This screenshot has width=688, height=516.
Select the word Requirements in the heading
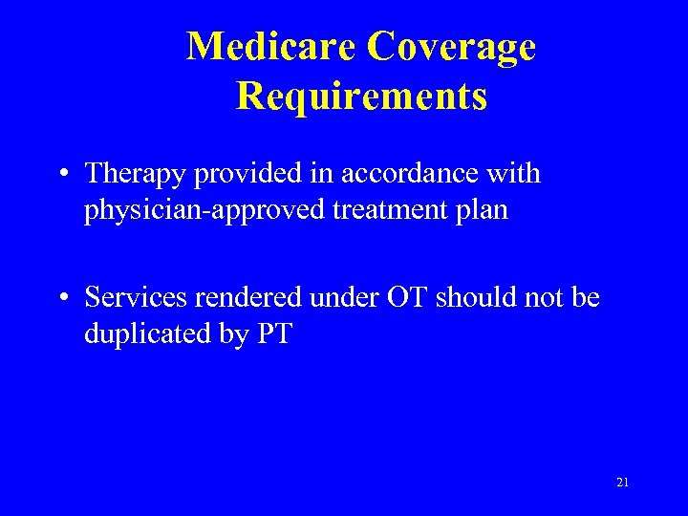pos(361,97)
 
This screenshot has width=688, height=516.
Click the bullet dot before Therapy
pos(62,175)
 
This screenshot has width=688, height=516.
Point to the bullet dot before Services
pos(62,299)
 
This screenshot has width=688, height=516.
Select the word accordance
pos(429,174)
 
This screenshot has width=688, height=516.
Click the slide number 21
pos(622,483)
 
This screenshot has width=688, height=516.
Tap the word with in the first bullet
pos(515,174)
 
